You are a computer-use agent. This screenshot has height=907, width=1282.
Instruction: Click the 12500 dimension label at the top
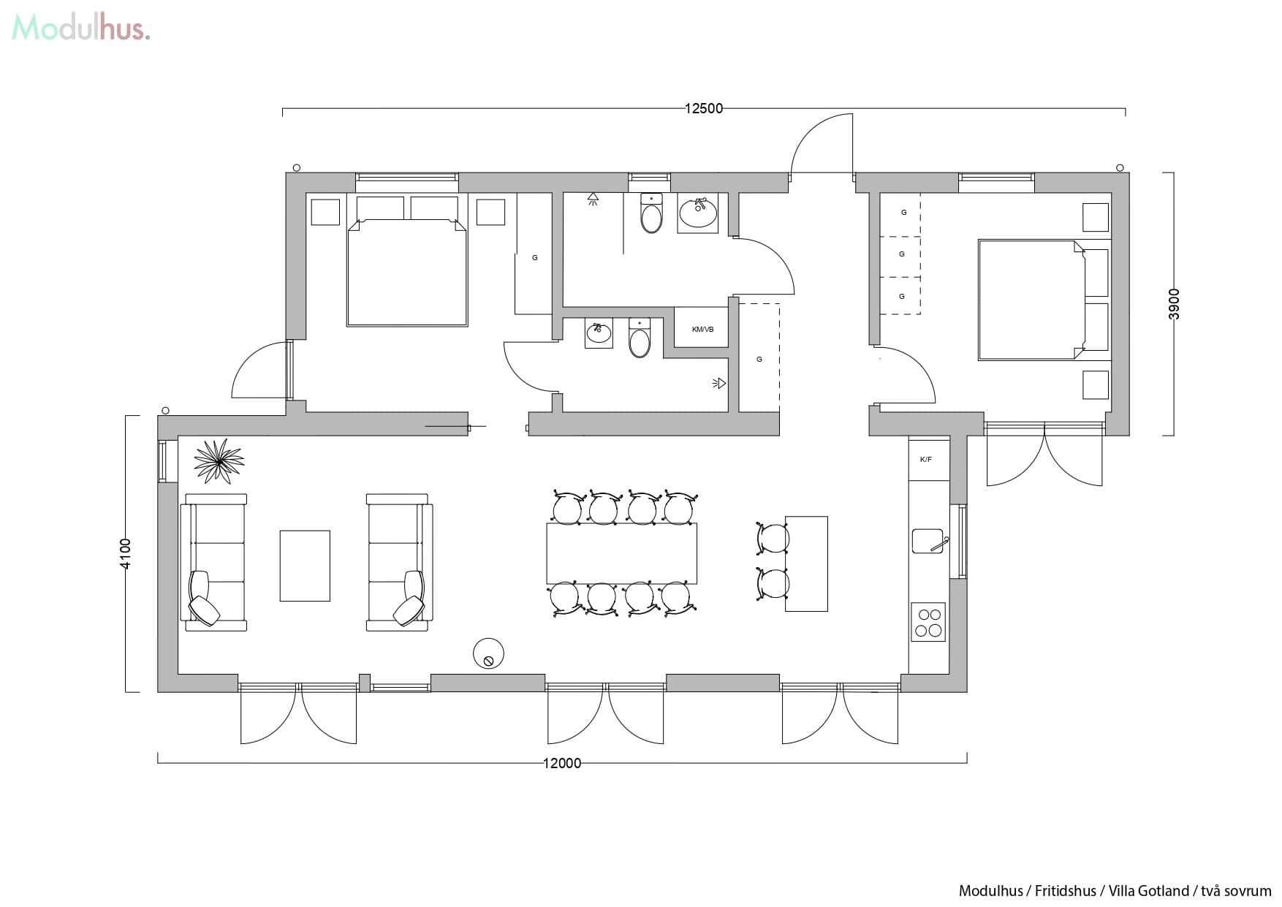703,108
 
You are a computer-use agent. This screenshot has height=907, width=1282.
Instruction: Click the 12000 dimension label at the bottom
561,763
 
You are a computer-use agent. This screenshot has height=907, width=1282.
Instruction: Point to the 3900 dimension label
1174,303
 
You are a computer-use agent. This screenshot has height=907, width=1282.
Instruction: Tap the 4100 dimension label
125,553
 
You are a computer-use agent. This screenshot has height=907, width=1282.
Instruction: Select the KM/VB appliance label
702,330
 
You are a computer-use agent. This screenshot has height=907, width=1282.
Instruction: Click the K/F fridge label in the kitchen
925,460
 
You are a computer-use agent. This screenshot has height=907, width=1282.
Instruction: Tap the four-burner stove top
928,622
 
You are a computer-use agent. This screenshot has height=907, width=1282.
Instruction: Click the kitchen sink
928,541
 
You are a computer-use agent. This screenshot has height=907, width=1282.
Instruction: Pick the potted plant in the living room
219,460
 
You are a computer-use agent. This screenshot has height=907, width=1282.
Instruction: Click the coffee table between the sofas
305,566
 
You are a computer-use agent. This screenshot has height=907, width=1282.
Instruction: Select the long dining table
621,553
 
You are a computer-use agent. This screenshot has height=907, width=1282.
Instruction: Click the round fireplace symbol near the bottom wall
488,653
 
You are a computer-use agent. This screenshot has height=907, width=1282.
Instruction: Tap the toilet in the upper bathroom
651,213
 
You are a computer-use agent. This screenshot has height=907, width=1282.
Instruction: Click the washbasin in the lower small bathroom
599,333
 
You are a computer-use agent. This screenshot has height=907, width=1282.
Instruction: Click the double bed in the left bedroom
406,270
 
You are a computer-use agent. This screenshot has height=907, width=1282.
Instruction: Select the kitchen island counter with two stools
806,563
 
